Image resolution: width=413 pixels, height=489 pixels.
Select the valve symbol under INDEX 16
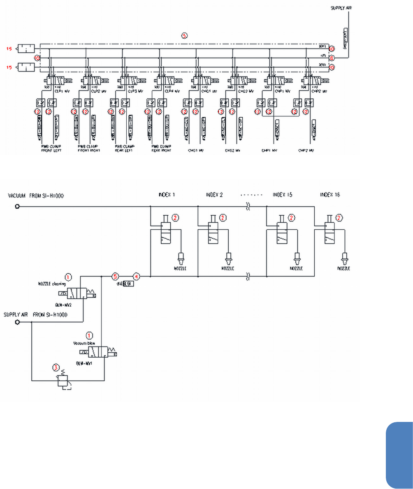click(330, 231)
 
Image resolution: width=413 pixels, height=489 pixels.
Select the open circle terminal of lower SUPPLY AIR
click(17, 322)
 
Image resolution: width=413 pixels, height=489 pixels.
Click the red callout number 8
click(332, 58)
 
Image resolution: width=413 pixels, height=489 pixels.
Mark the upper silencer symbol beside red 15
click(27, 49)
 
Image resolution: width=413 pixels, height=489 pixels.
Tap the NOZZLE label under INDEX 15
click(295, 268)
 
